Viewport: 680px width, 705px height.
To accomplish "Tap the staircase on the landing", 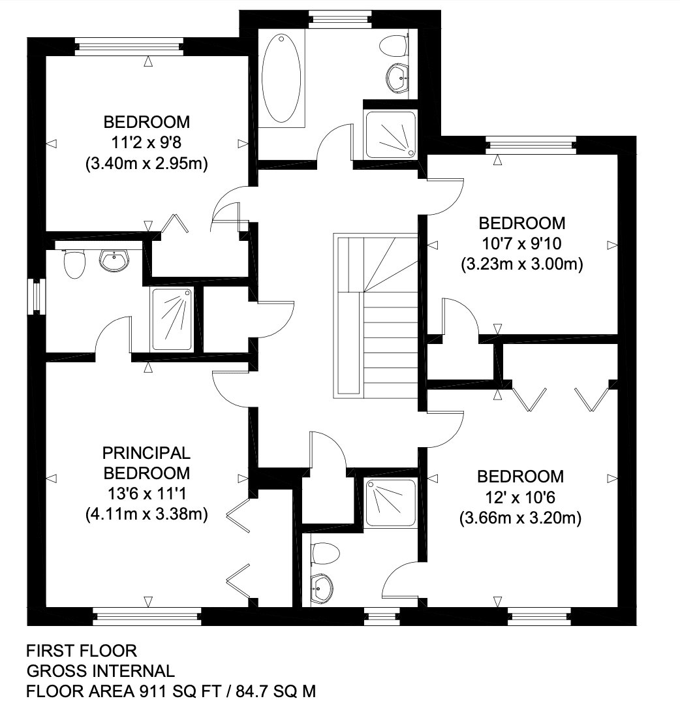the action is point(376,316).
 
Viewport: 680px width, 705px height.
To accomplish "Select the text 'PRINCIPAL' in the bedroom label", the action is point(147,453).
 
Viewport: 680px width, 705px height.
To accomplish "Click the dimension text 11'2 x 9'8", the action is point(147,143).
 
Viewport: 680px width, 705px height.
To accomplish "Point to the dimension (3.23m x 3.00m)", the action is point(522,264).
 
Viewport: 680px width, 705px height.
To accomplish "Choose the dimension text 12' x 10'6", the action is point(521,497).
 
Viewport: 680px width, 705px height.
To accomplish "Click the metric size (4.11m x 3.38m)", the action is point(147,514).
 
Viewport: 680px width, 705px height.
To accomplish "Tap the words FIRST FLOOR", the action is point(82,651).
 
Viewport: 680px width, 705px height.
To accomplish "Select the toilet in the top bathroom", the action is point(394,46).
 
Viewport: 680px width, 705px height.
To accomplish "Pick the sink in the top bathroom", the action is point(397,78).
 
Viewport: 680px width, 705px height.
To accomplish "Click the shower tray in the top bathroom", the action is point(390,134).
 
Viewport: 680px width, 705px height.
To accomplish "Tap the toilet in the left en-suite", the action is point(74,264).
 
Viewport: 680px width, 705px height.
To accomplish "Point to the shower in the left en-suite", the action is point(172,319).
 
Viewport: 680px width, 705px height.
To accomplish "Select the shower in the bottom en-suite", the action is point(390,503).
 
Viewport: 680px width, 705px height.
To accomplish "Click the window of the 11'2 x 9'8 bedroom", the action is point(129,47).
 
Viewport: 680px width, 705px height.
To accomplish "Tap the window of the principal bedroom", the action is point(147,617).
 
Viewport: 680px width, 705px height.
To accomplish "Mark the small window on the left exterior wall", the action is point(37,297).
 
